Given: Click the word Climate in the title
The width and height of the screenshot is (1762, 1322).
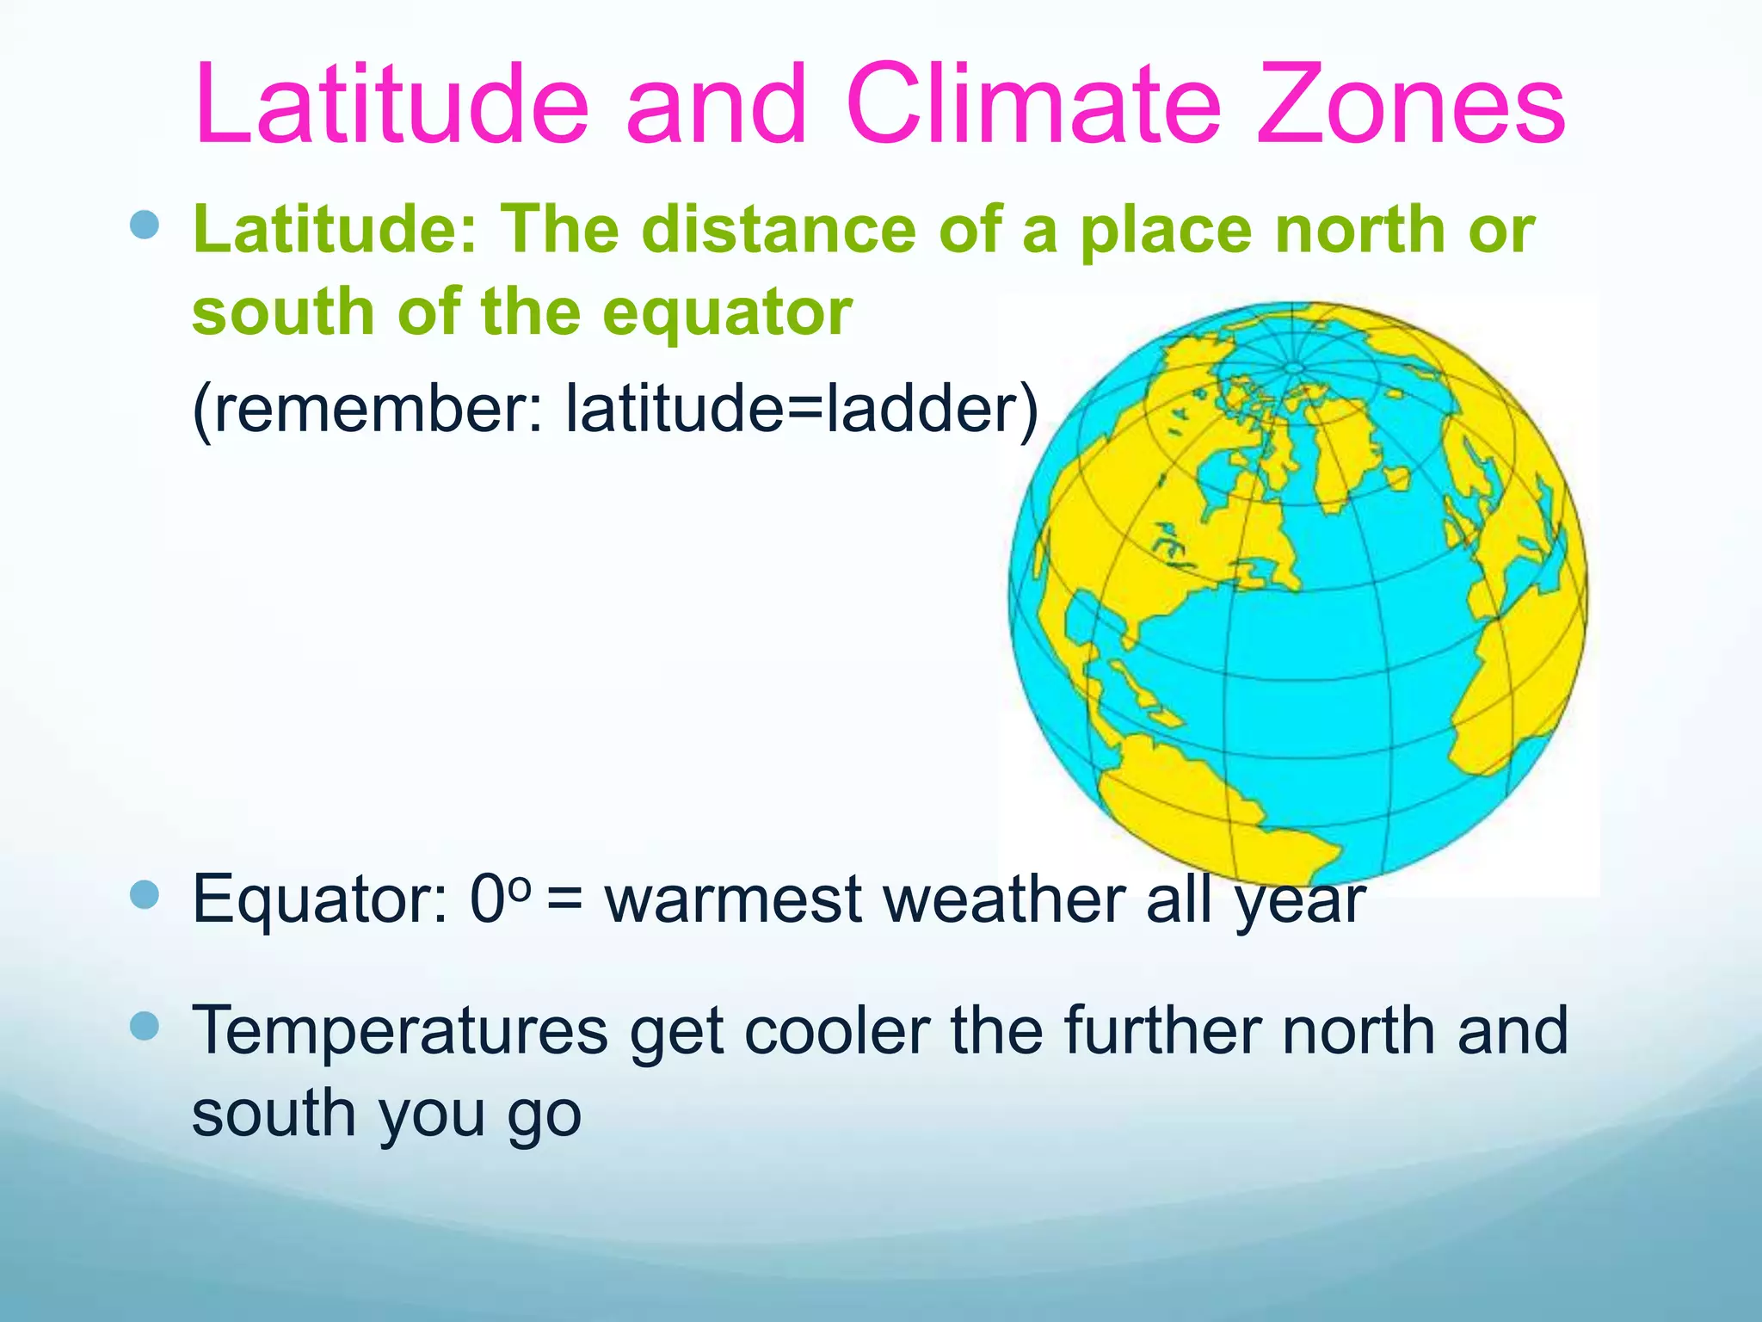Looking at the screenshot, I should click(x=1033, y=105).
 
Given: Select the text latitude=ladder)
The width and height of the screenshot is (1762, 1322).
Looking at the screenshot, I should click(x=801, y=408).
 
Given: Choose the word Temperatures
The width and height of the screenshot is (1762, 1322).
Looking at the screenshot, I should click(x=399, y=1030).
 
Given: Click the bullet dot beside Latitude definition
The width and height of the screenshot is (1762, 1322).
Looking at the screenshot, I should click(x=145, y=225).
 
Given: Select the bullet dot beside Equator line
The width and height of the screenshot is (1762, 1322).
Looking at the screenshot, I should click(x=145, y=895).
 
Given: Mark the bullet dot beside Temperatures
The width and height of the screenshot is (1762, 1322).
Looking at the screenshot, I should click(x=145, y=1026).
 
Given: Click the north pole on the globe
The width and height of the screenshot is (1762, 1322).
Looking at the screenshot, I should click(x=1295, y=368).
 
